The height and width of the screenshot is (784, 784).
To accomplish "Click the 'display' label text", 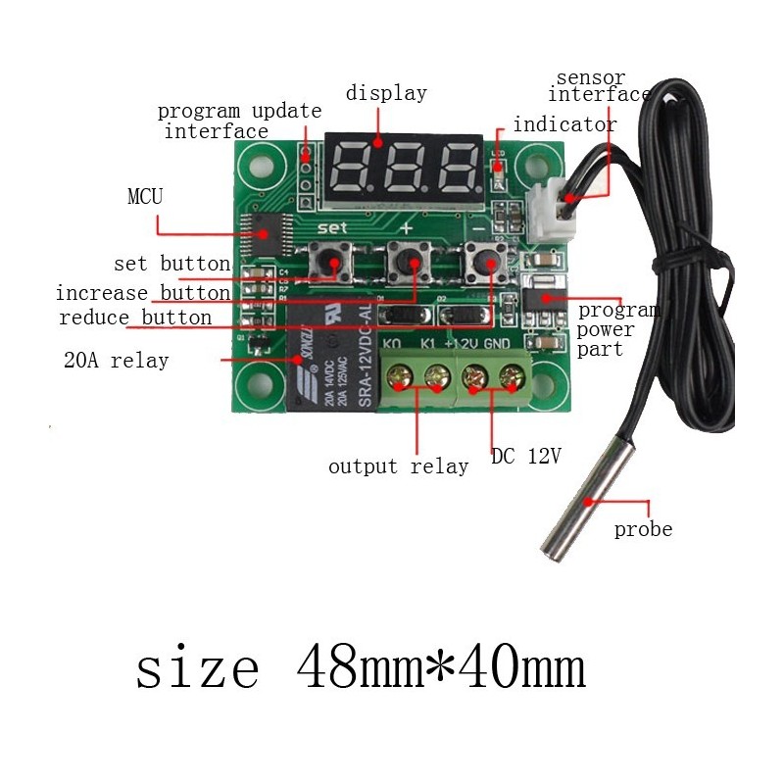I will click(386, 94).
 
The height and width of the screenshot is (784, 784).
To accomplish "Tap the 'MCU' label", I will click(145, 196).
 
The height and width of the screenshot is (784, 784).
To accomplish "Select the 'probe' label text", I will click(643, 529).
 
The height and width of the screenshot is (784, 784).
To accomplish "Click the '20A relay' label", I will click(116, 360).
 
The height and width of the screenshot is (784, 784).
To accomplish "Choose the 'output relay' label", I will click(398, 466).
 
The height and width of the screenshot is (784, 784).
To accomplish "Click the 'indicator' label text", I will click(564, 124).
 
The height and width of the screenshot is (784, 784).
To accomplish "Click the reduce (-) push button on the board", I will click(483, 262).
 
